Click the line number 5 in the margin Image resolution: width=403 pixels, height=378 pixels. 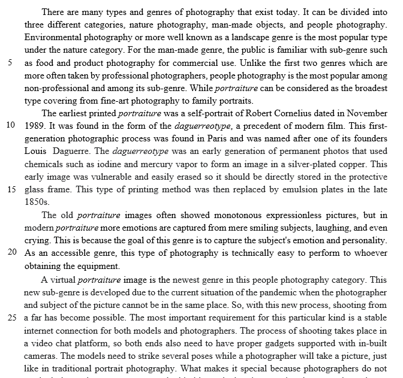[x=10, y=62]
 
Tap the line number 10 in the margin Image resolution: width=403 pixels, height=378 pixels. [x=10, y=126]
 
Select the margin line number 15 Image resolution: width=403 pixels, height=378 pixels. [x=10, y=189]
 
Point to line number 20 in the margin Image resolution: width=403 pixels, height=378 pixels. [x=10, y=253]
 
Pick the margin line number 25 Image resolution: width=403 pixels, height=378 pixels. [x=10, y=316]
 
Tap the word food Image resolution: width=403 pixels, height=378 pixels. [x=43, y=63]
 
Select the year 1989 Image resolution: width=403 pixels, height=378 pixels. [x=35, y=126]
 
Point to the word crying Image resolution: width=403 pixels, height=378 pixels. [x=37, y=240]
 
